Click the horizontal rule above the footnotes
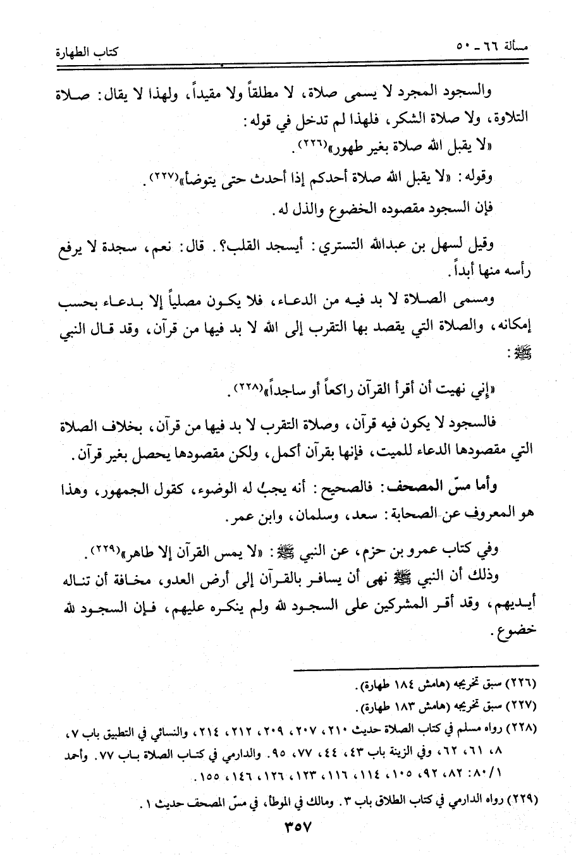(416, 664)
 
